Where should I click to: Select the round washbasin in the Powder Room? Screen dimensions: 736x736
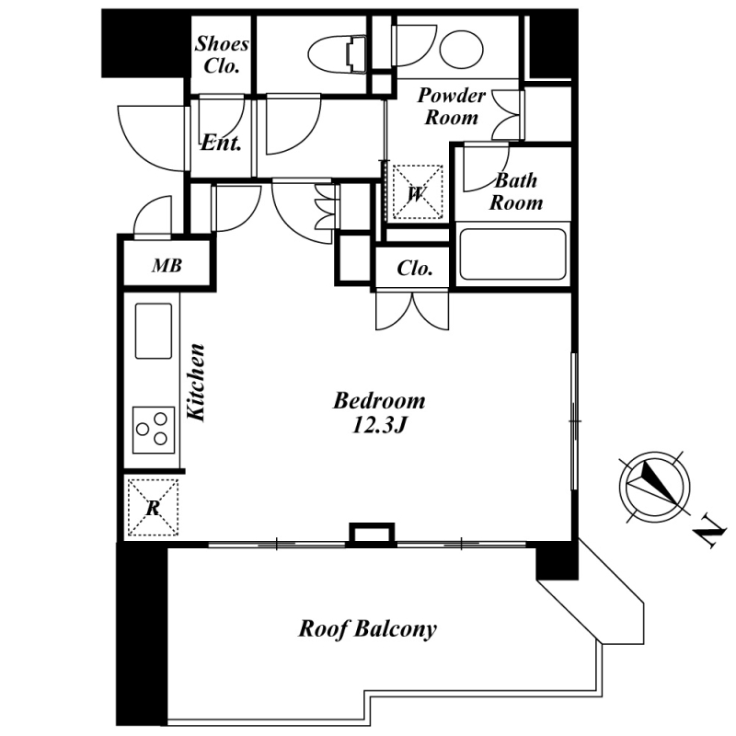458,49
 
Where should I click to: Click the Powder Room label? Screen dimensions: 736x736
451,106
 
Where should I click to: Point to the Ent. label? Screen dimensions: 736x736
222,143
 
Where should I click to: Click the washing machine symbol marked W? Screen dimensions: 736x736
415,193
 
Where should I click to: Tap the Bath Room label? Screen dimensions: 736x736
515,191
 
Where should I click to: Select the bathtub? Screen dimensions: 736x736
512,254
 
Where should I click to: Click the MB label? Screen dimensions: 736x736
167,267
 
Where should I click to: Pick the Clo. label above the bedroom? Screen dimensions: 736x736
414,269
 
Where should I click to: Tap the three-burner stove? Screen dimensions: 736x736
153,429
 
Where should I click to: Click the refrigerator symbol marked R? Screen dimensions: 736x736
152,507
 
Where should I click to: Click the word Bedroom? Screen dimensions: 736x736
379,401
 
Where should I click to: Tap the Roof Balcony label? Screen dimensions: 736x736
367,629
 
